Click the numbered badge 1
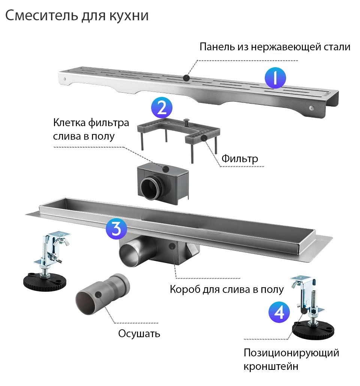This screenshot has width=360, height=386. coord(275,78)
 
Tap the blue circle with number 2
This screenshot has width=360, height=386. coord(162,108)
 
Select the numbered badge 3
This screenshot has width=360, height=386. coord(116,229)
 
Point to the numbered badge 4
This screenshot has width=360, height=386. coord(279,312)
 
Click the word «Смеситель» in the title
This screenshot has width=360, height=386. coord(42,15)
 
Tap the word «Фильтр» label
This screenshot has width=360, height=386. coord(240,159)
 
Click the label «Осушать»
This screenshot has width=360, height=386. coord(139,334)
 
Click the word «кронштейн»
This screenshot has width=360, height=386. coord(271,366)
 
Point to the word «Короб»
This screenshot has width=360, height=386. coord(185,289)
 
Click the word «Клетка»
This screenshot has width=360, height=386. coord(69,122)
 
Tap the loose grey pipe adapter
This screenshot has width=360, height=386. coord(102,294)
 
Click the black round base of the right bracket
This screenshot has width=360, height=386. coord(313,330)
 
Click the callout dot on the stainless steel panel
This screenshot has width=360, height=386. coord(186,78)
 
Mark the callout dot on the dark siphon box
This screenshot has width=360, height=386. coord(166,169)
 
